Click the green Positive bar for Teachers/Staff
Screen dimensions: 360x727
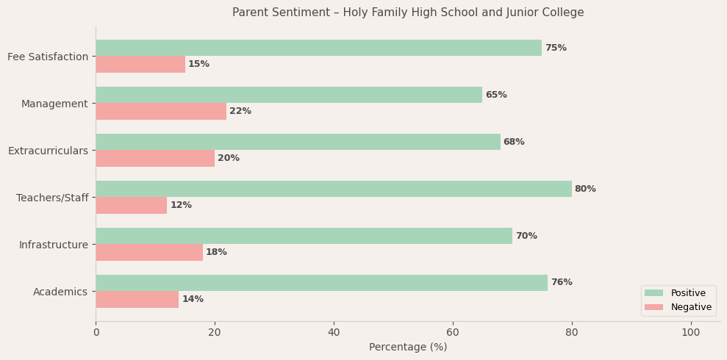333,189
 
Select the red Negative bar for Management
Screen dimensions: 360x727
161,111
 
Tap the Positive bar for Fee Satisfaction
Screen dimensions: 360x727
318,48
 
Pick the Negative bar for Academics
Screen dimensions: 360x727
137,299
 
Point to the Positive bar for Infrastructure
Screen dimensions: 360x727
304,236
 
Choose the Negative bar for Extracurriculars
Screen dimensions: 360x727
155,158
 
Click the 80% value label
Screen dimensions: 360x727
585,189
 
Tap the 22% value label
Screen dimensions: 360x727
240,111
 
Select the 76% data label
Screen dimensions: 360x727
562,283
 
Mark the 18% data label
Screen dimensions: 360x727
216,252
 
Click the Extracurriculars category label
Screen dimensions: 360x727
48,151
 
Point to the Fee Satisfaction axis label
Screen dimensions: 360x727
48,57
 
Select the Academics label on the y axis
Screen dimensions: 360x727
60,292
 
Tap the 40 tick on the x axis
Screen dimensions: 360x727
334,333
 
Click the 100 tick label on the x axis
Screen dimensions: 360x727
691,333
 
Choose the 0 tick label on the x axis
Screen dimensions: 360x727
96,333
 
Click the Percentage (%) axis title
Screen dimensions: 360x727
408,347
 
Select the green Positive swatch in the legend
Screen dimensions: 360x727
653,293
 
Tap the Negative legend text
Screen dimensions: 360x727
691,307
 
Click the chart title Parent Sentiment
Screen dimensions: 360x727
408,12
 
